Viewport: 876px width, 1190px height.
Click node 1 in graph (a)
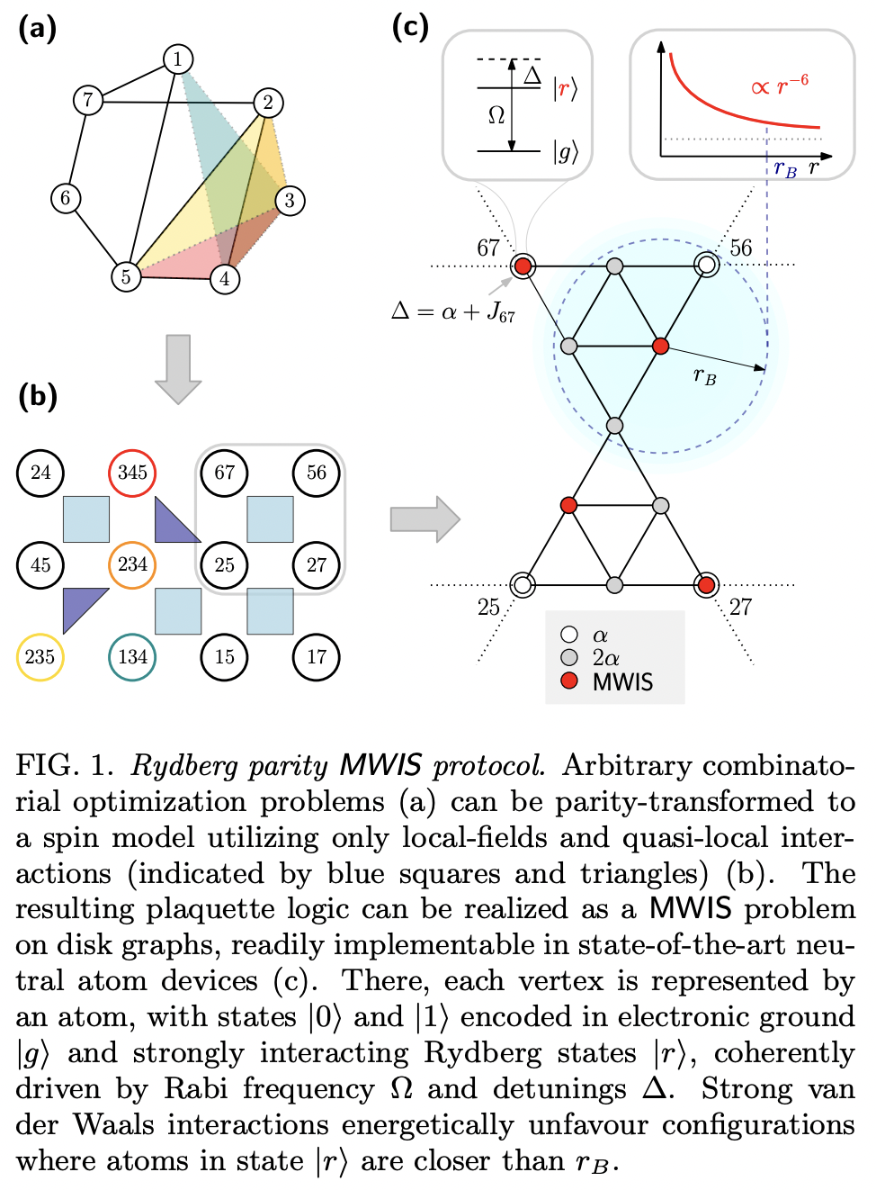[178, 59]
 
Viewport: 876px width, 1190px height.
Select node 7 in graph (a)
[87, 99]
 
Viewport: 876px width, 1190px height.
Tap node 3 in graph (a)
[290, 200]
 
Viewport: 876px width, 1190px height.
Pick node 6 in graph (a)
[65, 198]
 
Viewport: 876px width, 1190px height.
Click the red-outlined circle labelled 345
[132, 473]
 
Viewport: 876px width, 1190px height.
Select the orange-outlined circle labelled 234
[132, 564]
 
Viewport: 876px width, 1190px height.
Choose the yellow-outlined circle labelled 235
[40, 656]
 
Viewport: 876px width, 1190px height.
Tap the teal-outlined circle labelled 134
[132, 656]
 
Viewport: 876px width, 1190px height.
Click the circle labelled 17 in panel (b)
[316, 656]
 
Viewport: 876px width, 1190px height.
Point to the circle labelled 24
[40, 473]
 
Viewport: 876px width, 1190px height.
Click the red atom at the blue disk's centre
[660, 347]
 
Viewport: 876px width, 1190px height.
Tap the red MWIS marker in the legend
[569, 681]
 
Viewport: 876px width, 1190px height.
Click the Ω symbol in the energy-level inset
[496, 115]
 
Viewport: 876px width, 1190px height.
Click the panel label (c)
[410, 26]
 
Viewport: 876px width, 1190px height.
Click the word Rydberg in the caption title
[184, 765]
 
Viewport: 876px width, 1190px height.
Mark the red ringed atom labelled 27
[706, 585]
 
